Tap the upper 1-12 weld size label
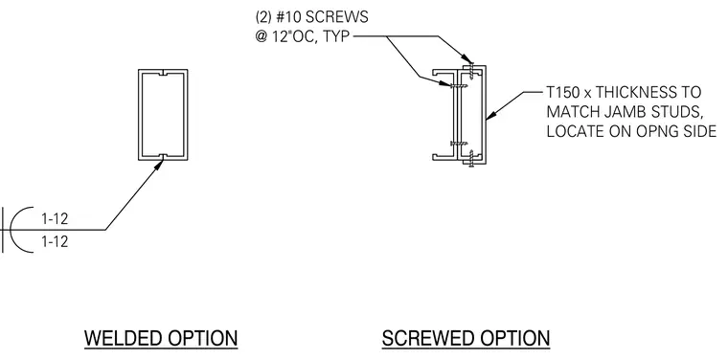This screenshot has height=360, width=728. point(55,218)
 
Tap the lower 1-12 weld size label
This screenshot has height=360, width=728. point(55,241)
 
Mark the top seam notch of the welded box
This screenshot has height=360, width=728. point(163,74)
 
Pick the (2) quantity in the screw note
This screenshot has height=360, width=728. point(263,16)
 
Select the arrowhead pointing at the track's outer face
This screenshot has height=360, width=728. point(491,115)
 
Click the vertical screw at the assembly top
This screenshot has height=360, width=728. point(471,69)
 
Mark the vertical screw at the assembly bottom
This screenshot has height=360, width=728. point(471,158)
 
